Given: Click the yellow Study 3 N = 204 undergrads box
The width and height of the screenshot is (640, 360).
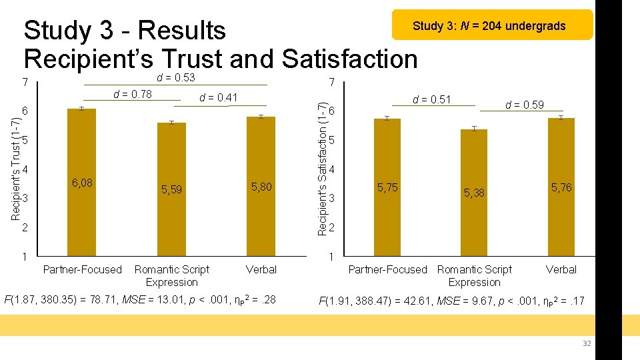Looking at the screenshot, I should (x=492, y=25).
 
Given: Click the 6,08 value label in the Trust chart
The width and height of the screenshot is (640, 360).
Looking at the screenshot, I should (x=82, y=183).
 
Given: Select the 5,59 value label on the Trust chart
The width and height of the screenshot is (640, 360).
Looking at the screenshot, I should (x=171, y=190).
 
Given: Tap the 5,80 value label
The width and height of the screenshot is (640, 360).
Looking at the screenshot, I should (x=261, y=187).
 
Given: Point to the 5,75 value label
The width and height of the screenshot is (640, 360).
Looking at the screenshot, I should (x=387, y=188).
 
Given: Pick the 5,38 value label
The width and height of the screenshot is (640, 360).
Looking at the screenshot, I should (x=474, y=193).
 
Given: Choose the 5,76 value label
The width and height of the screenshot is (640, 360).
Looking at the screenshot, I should (x=561, y=188).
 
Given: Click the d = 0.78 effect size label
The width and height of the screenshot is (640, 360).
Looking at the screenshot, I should (x=133, y=94).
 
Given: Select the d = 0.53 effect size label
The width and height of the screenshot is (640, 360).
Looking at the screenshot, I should (x=175, y=78).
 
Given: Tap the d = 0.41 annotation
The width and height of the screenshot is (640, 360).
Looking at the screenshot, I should (x=218, y=98).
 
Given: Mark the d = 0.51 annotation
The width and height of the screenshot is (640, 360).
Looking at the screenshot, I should (x=432, y=100).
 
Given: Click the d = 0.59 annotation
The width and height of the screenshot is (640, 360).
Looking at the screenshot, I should (x=524, y=105).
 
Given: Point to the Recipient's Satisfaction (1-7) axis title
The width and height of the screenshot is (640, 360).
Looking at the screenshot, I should (x=323, y=169).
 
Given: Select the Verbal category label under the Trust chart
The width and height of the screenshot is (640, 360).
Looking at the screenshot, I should (x=261, y=269).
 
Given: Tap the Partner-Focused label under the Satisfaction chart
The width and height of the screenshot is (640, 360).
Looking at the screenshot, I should (x=387, y=269).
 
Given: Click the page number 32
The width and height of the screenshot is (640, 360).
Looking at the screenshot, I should (x=587, y=343).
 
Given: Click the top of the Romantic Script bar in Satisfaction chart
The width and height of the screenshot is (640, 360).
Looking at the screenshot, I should (x=474, y=129).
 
